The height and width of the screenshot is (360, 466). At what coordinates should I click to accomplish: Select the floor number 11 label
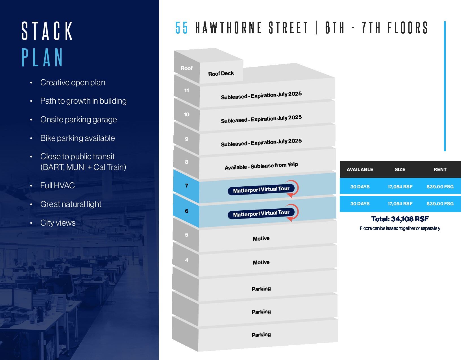click(186, 91)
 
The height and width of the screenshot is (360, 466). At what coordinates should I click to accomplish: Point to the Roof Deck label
click(221, 74)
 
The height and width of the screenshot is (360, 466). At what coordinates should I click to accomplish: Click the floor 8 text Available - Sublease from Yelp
click(261, 166)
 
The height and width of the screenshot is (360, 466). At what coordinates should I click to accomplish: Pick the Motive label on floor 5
click(261, 239)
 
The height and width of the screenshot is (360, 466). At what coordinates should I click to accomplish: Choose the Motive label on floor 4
click(261, 262)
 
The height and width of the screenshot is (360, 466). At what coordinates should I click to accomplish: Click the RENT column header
click(440, 169)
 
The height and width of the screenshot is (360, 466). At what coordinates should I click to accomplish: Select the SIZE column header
click(400, 169)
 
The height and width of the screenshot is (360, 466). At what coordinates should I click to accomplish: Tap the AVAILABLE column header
click(360, 169)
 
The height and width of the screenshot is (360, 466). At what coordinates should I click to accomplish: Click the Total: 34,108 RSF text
click(400, 219)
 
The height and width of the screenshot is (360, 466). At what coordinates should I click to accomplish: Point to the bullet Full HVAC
click(57, 186)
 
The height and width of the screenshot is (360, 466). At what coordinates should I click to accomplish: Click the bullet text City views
click(58, 223)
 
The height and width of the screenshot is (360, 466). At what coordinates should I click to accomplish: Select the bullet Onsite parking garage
click(78, 119)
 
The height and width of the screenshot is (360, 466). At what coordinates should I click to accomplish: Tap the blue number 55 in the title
click(181, 28)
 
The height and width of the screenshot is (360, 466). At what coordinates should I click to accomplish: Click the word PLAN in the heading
click(42, 58)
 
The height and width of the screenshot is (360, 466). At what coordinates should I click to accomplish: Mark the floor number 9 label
click(186, 139)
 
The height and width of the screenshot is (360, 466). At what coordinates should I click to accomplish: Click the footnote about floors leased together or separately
click(400, 228)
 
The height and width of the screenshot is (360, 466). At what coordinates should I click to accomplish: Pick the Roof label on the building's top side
click(186, 68)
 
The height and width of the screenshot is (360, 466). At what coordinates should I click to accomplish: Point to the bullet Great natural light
click(71, 204)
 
